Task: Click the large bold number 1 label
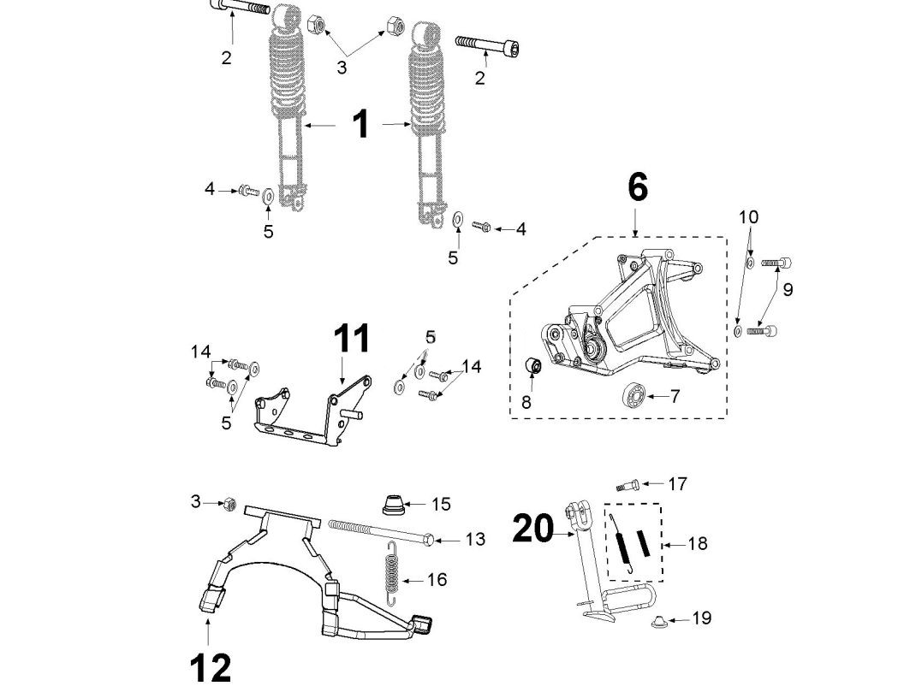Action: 362,124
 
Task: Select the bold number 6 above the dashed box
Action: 638,187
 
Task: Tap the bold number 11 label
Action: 352,339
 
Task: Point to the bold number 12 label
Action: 210,667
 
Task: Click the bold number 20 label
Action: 533,529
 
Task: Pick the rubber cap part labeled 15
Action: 393,504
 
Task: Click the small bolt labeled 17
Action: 627,484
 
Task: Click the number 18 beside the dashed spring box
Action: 698,543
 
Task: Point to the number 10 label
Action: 748,217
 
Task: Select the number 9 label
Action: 788,289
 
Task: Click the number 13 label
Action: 475,539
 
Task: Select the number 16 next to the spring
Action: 437,580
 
